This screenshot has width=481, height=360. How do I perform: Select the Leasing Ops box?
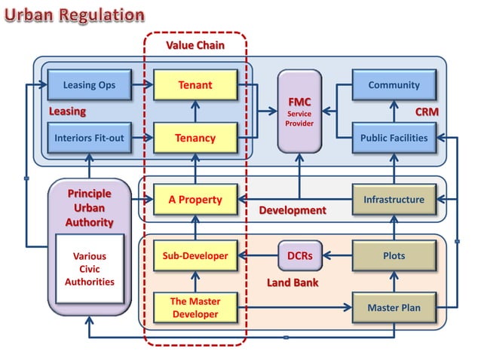click(x=89, y=85)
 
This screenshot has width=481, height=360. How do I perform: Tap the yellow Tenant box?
click(x=195, y=85)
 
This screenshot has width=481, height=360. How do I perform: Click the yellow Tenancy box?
click(x=195, y=138)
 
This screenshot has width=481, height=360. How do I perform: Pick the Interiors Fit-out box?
click(x=89, y=138)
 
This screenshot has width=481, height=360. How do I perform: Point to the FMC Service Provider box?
click(x=299, y=110)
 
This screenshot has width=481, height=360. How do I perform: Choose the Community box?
click(x=394, y=85)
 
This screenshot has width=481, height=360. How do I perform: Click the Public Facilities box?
click(x=394, y=138)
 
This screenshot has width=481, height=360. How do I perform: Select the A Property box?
click(x=195, y=200)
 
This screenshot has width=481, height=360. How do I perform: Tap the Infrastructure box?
click(x=394, y=200)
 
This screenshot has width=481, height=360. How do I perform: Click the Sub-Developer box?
click(x=195, y=256)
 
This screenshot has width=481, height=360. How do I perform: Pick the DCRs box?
click(x=299, y=256)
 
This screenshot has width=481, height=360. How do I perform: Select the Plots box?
click(x=394, y=256)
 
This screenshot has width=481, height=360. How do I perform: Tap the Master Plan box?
click(x=394, y=308)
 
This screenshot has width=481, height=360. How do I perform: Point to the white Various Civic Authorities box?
click(x=89, y=270)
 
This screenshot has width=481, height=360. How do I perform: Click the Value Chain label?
click(x=195, y=45)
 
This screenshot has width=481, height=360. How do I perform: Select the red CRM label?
click(x=427, y=111)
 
